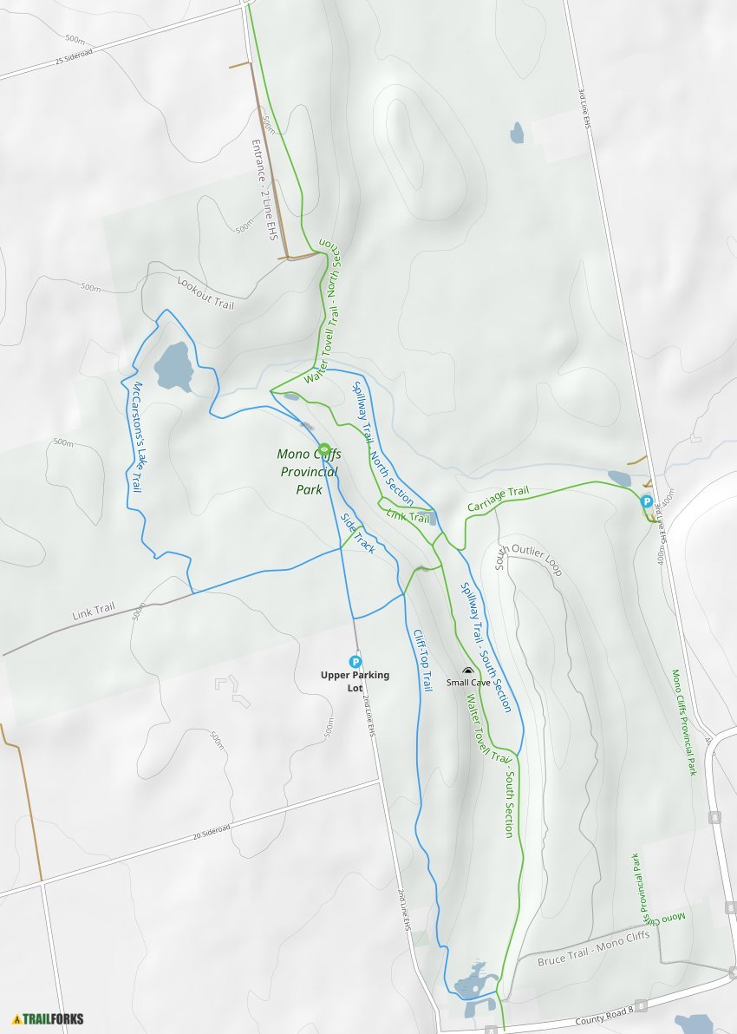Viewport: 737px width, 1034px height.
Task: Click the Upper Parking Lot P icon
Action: coord(355,662)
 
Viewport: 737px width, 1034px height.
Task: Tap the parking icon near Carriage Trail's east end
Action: coord(646,501)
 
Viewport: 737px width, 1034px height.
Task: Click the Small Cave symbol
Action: coord(468,671)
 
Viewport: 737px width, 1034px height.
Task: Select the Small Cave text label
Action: coord(468,683)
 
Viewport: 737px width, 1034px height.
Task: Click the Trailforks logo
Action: coord(49,1018)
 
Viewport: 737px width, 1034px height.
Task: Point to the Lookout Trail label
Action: coord(205,292)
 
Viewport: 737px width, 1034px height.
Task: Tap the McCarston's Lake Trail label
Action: coord(136,438)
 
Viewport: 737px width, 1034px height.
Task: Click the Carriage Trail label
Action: coord(498,499)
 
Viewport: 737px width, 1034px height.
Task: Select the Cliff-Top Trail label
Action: coord(422,659)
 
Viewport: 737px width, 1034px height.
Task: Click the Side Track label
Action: coord(356,534)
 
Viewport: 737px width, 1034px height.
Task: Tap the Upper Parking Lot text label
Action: coord(355,681)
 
